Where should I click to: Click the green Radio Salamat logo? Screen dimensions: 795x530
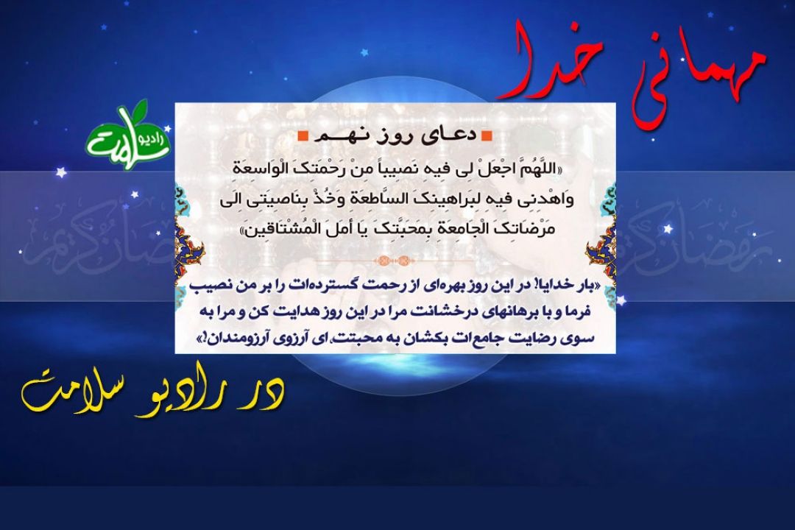[127, 135]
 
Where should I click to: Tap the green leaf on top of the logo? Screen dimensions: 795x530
[136, 108]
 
